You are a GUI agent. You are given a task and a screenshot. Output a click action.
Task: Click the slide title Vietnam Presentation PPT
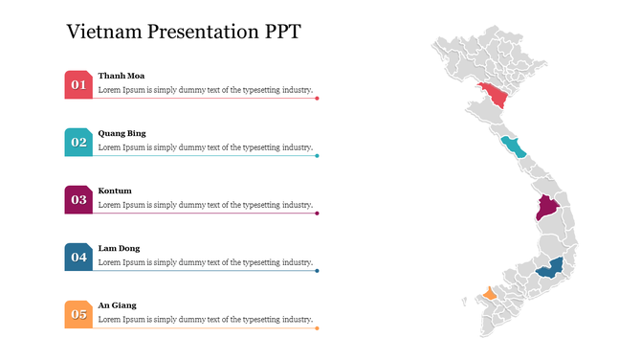(x=184, y=31)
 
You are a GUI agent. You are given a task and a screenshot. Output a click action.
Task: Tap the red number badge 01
(x=78, y=85)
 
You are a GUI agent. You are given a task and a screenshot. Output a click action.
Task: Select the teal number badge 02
(x=78, y=143)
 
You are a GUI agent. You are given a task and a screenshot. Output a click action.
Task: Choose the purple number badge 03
(x=78, y=200)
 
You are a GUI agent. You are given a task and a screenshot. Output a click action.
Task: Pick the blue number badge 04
(x=78, y=258)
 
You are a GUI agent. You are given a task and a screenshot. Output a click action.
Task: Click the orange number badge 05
(x=78, y=315)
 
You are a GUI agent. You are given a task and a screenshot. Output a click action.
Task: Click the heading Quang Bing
(x=122, y=133)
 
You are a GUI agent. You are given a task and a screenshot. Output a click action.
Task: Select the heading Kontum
(x=115, y=191)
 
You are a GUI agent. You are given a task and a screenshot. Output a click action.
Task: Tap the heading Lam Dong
(x=119, y=248)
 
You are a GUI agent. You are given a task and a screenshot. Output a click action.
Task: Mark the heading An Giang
(x=117, y=305)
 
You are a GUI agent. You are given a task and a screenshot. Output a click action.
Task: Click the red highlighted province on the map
(x=496, y=95)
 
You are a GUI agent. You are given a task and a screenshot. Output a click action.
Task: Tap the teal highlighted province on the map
(x=514, y=147)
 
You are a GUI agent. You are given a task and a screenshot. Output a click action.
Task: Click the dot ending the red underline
(x=318, y=99)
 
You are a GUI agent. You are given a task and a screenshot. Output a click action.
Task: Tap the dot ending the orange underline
(x=318, y=328)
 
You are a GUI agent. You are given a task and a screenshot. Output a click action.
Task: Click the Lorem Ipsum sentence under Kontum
(x=206, y=205)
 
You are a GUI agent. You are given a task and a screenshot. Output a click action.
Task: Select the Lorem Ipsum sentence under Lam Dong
(x=206, y=262)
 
